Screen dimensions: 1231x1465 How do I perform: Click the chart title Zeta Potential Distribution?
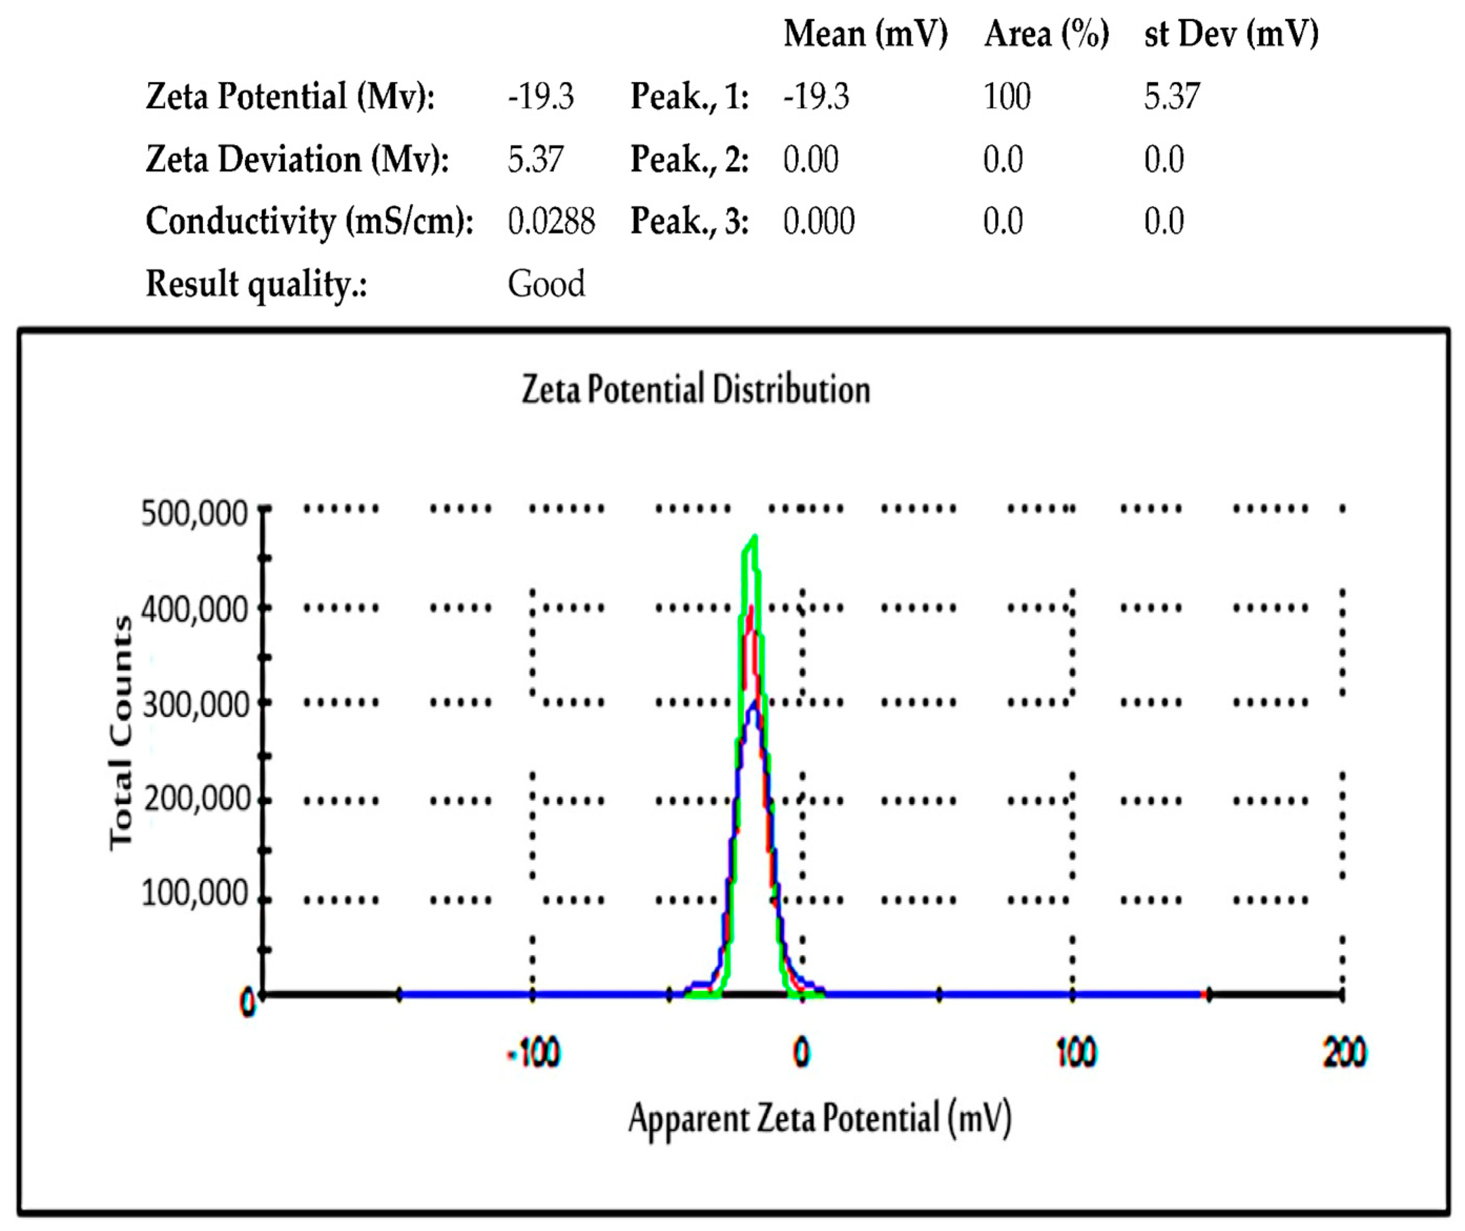[x=696, y=389]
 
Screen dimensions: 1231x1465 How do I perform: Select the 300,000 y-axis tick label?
[x=195, y=705]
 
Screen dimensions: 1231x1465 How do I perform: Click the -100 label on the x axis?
[x=534, y=1052]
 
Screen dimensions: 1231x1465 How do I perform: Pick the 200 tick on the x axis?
[x=1344, y=1052]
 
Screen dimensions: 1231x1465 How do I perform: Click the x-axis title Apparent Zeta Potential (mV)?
[x=819, y=1118]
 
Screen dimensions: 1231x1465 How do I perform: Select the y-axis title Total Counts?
[x=121, y=733]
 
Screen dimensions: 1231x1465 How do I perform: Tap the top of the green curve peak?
[x=754, y=537]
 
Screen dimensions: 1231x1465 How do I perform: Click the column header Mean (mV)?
[x=866, y=34]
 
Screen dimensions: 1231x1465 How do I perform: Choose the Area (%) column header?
[x=1046, y=34]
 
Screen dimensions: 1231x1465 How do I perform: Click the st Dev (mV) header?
[x=1231, y=34]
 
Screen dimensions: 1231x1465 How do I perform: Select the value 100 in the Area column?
[x=1006, y=96]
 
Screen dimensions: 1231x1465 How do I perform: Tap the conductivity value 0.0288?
[x=550, y=222]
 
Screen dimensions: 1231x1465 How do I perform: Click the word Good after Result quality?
[x=546, y=284]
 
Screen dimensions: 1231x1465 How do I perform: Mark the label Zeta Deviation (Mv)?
[x=297, y=159]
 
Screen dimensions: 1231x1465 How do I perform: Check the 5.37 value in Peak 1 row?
[x=1171, y=96]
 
